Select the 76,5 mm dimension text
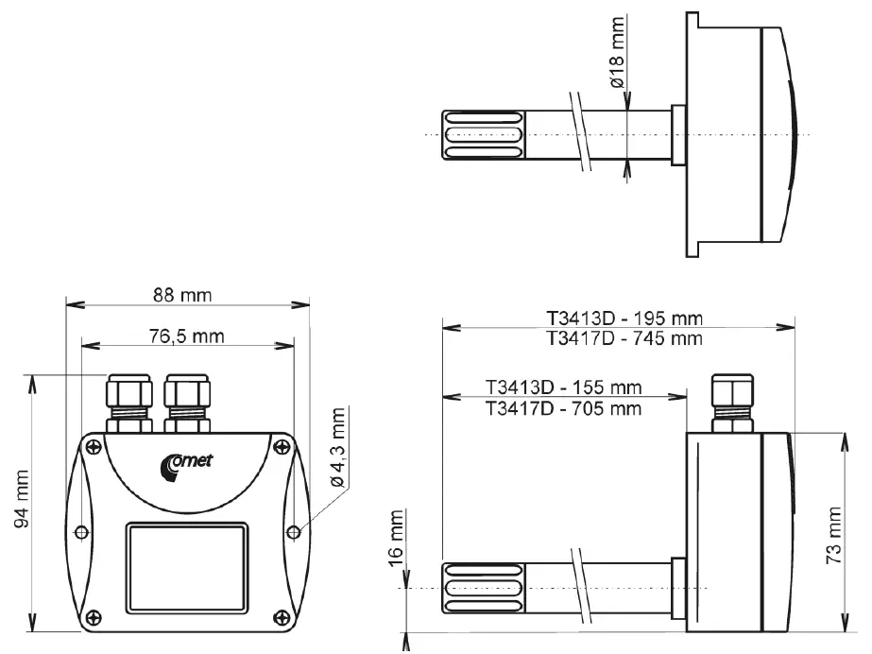[184, 335]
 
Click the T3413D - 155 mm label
[563, 388]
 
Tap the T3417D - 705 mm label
[563, 408]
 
